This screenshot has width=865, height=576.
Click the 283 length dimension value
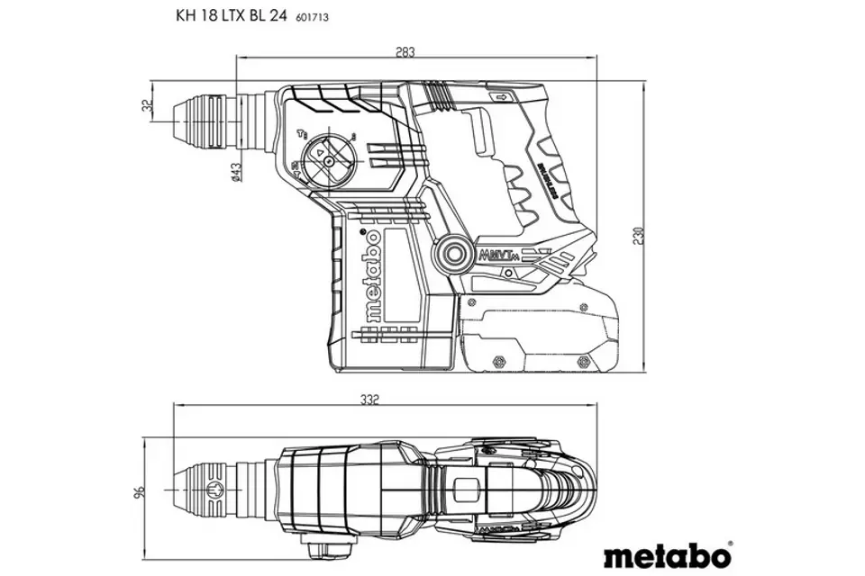[405, 52]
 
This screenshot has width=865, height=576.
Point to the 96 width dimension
[139, 493]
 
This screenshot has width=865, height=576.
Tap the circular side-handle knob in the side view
[451, 255]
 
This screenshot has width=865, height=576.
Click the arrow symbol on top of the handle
[497, 97]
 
